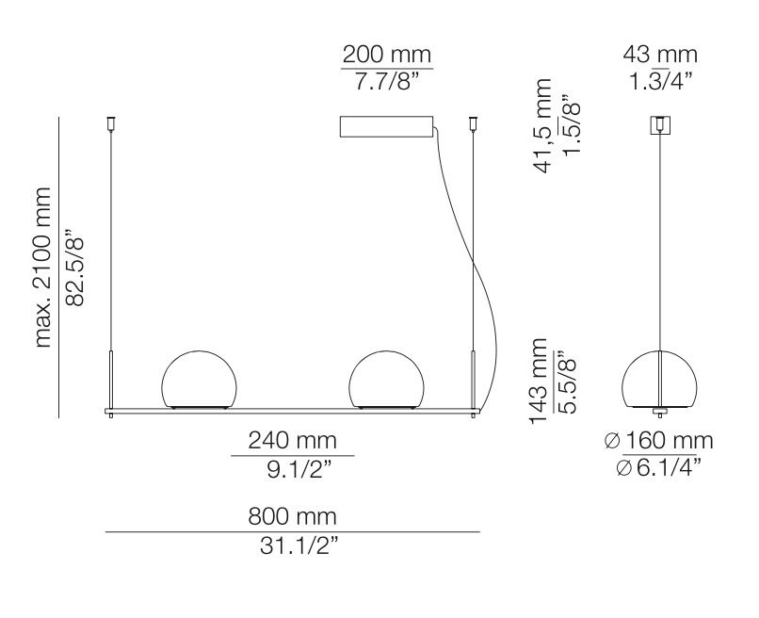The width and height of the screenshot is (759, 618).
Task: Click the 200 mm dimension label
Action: click(x=386, y=54)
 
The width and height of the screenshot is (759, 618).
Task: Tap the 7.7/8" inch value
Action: click(x=386, y=83)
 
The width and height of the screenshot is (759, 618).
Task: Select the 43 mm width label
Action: click(x=661, y=54)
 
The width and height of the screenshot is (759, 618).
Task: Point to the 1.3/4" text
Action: click(x=661, y=82)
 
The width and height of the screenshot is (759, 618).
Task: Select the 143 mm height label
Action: click(x=540, y=382)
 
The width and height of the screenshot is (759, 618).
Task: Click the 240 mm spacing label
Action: click(x=293, y=441)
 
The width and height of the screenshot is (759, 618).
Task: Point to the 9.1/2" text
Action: click(x=293, y=468)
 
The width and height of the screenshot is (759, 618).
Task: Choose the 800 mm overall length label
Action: click(x=293, y=517)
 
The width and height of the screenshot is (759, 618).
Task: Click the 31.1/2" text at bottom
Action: click(x=293, y=546)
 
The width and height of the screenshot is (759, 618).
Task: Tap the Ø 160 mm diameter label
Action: click(x=659, y=441)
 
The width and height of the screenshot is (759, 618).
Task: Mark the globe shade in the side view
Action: click(x=661, y=380)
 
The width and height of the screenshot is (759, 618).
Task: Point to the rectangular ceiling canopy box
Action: click(x=386, y=127)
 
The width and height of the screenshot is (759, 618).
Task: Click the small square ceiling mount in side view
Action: click(x=661, y=125)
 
